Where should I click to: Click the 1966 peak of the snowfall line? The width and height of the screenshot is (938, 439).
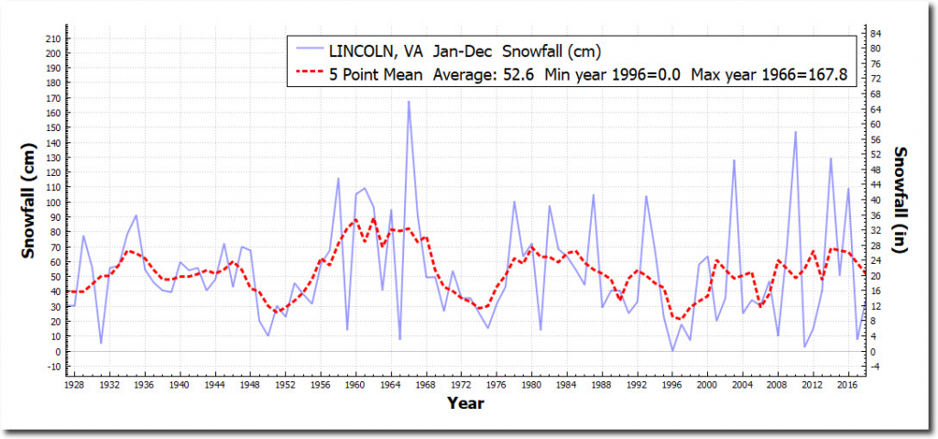[x=409, y=101]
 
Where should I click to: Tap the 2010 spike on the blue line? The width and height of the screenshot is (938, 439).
[x=795, y=132]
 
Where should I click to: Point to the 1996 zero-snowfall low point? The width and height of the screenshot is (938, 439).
[x=672, y=351]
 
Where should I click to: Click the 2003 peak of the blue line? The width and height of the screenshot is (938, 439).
[x=734, y=160]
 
